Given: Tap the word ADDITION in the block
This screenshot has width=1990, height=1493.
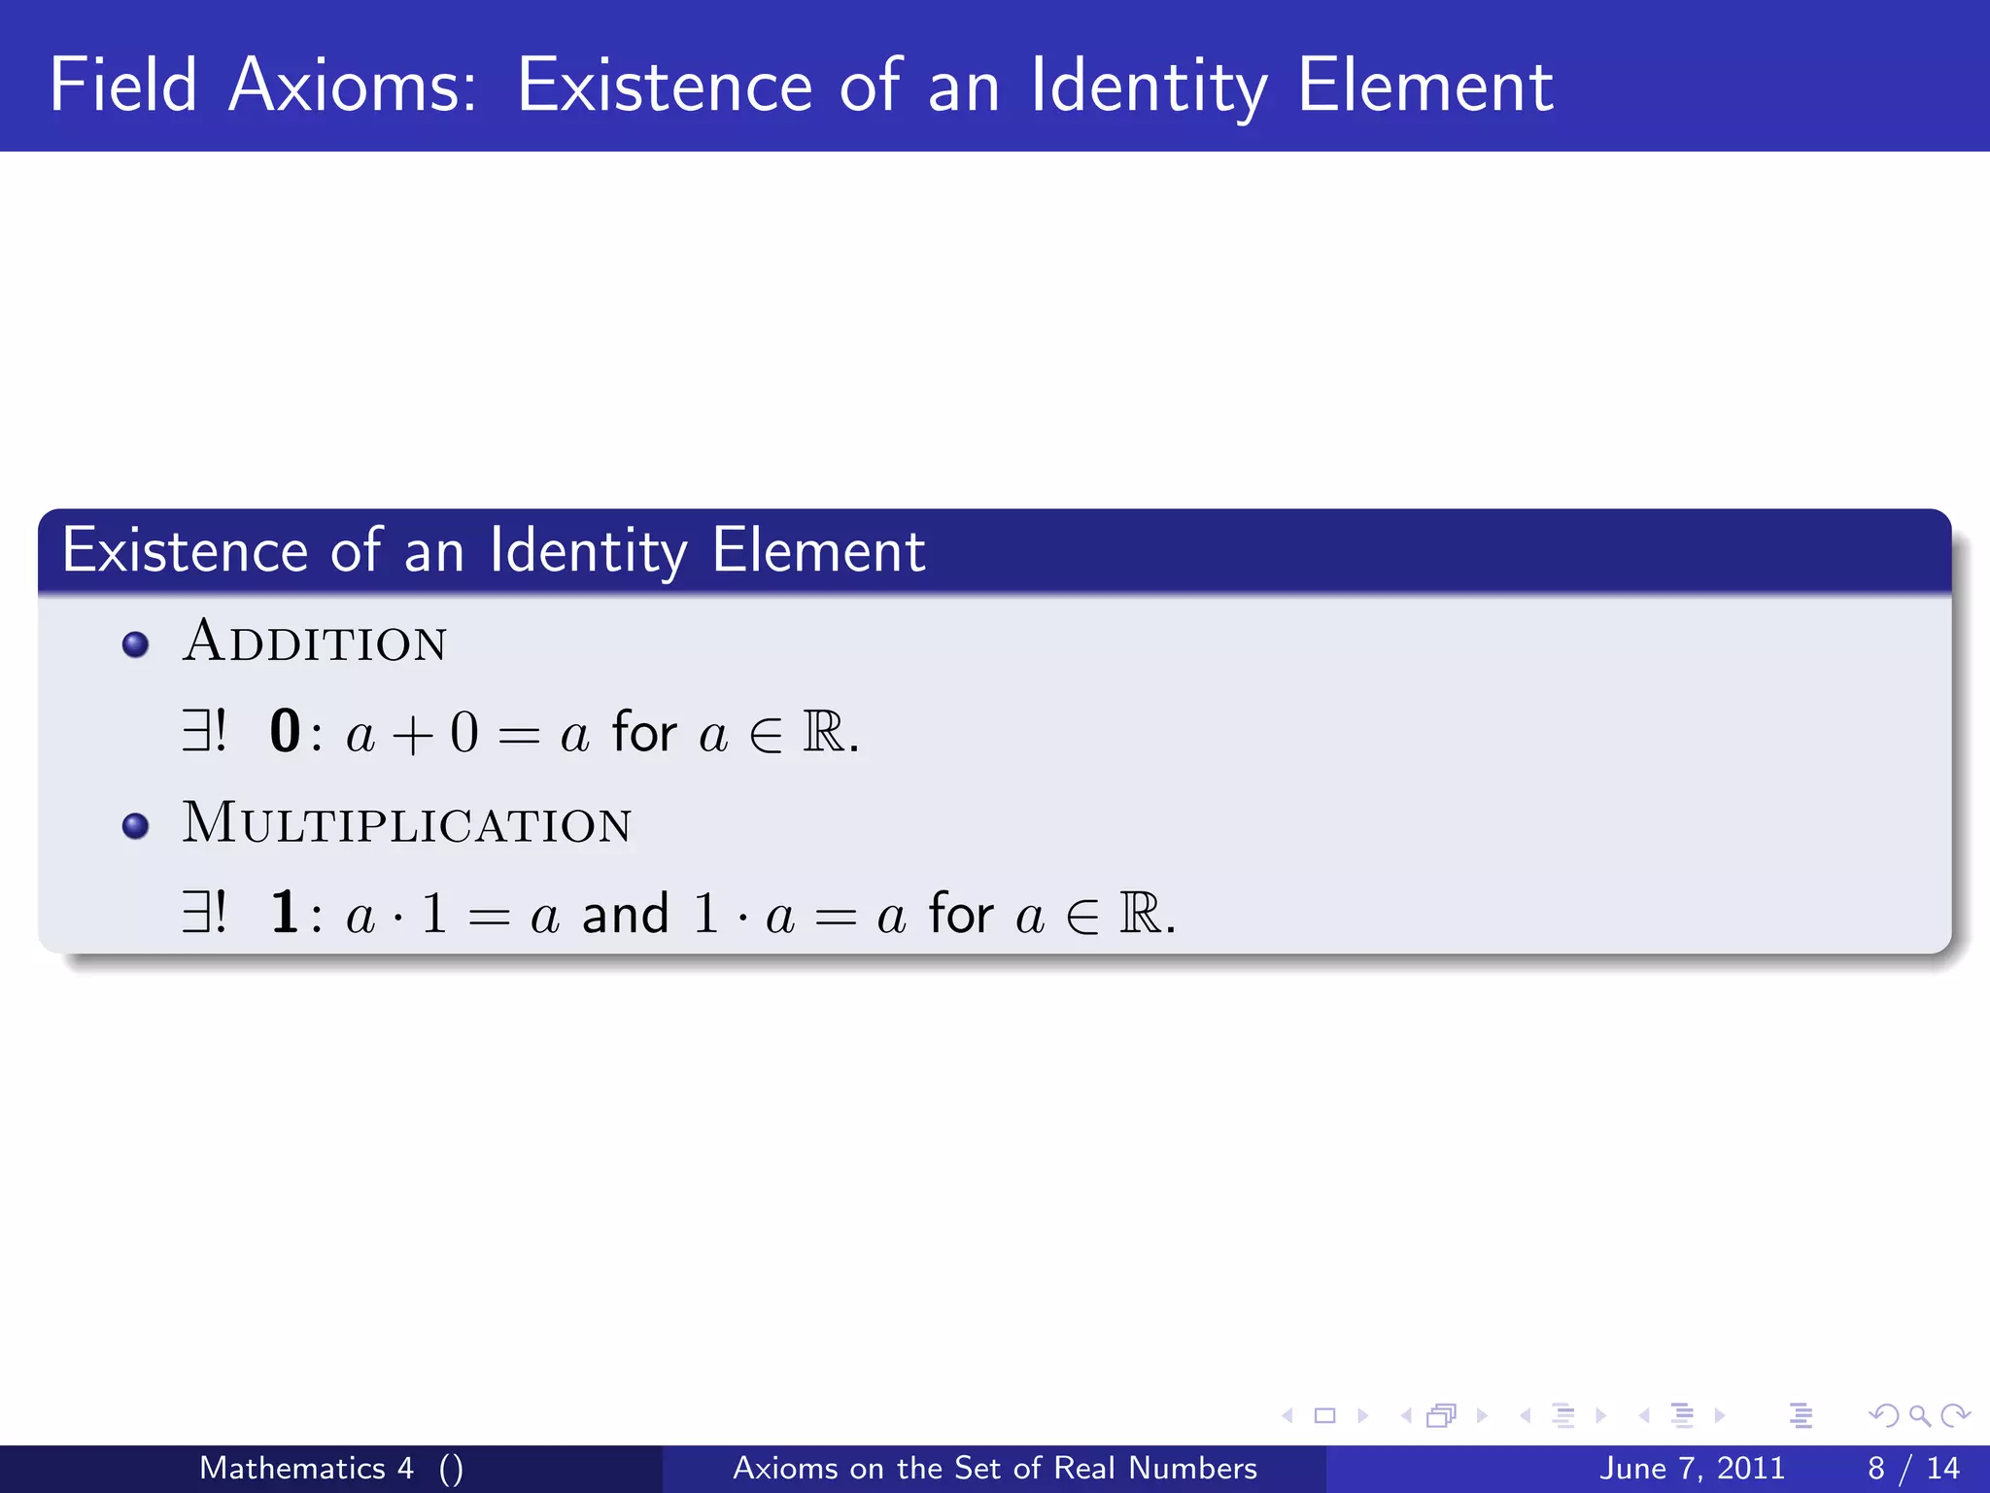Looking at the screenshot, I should point(314,642).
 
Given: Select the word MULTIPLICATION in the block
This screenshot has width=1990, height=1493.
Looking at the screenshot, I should point(406,823).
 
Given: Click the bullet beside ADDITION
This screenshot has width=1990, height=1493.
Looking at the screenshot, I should point(136,644).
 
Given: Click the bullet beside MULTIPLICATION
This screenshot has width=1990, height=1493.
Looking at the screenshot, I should point(136,826).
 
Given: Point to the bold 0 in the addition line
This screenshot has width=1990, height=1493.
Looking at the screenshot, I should point(285,732).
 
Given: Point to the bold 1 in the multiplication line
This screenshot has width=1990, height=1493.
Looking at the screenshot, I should point(285,914).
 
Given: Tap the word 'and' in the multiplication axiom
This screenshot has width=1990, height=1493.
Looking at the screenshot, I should point(626,915).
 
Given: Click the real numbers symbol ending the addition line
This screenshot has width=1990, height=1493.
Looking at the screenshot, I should point(824,732).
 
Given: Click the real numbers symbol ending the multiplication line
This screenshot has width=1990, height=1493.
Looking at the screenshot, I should point(1140,914).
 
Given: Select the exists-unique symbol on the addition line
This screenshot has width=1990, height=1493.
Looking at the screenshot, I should point(204,732).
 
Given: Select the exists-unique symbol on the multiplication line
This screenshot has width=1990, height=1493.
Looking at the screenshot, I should point(204,914).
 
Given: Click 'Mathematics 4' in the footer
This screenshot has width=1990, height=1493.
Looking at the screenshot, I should point(306,1468).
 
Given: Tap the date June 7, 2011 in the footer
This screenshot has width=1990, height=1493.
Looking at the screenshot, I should point(1692,1468).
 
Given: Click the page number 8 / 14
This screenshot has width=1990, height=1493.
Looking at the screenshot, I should point(1912,1468).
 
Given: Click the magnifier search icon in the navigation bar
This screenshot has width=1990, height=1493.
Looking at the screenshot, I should point(1920,1416).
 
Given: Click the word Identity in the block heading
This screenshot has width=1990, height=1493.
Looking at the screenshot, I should point(588,551).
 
